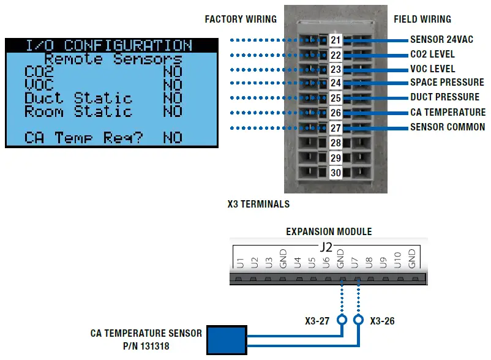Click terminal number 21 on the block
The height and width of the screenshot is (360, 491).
click(335, 40)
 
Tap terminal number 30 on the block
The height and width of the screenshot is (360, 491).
click(335, 173)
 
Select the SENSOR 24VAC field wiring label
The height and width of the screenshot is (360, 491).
click(445, 40)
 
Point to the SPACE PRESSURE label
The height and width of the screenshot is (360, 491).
click(447, 83)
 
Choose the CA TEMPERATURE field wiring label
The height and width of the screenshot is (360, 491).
click(448, 112)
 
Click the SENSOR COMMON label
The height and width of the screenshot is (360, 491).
click(448, 127)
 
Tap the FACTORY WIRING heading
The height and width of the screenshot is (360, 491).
click(241, 20)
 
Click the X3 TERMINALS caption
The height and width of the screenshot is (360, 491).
click(258, 204)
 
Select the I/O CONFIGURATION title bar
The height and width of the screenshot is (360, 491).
click(111, 45)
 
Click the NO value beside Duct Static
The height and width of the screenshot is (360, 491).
click(173, 99)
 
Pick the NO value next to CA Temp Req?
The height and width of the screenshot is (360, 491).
click(173, 138)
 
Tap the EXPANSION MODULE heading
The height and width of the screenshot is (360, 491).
click(329, 232)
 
